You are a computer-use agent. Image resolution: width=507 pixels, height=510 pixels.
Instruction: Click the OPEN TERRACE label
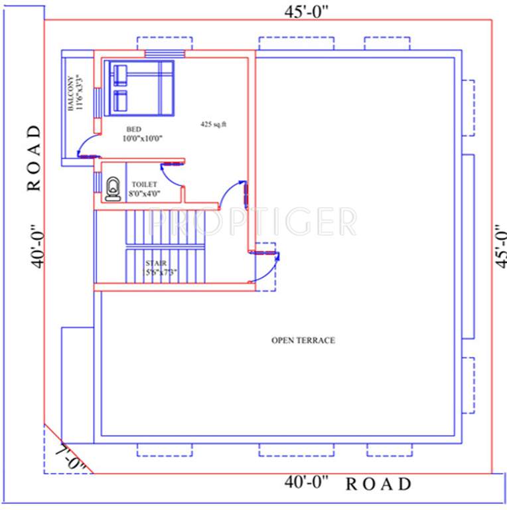pos(303,340)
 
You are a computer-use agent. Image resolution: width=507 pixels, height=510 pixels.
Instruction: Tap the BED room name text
pos(135,129)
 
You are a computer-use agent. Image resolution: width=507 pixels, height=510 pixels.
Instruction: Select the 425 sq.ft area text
pos(213,124)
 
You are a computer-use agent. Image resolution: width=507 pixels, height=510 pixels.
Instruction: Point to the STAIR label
pos(156,264)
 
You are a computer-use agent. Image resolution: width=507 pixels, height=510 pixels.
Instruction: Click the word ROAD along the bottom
pos(378,484)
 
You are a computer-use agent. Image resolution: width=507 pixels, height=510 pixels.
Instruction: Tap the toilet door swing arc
pos(171,173)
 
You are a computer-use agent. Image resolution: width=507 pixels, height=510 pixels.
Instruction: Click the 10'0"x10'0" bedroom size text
pos(142,139)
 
